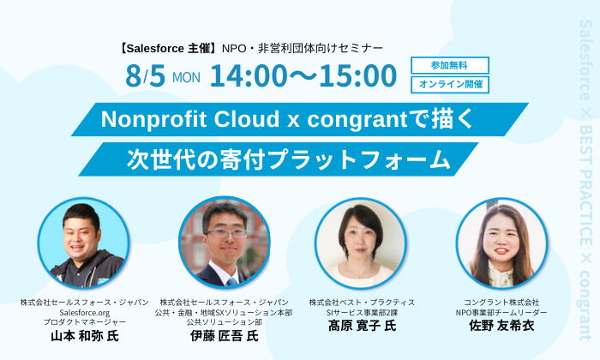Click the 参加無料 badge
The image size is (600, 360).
(x=450, y=65)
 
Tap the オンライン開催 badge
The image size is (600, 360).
(x=450, y=85)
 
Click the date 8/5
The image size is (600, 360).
(x=145, y=75)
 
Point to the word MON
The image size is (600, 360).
(x=186, y=78)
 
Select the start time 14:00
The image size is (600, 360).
(x=249, y=75)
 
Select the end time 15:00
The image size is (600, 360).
(x=357, y=75)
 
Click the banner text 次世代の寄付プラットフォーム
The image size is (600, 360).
(x=289, y=159)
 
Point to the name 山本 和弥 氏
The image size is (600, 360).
(x=85, y=336)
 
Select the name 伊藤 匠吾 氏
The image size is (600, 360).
(x=225, y=336)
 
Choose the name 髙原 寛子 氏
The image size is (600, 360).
(x=362, y=326)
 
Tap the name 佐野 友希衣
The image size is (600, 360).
(x=501, y=326)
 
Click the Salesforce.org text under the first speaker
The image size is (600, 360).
(x=85, y=313)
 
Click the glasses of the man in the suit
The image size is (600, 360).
(x=225, y=232)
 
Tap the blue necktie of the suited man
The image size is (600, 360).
(x=232, y=282)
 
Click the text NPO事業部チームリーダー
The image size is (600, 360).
(x=501, y=313)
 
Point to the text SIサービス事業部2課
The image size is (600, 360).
(x=362, y=313)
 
